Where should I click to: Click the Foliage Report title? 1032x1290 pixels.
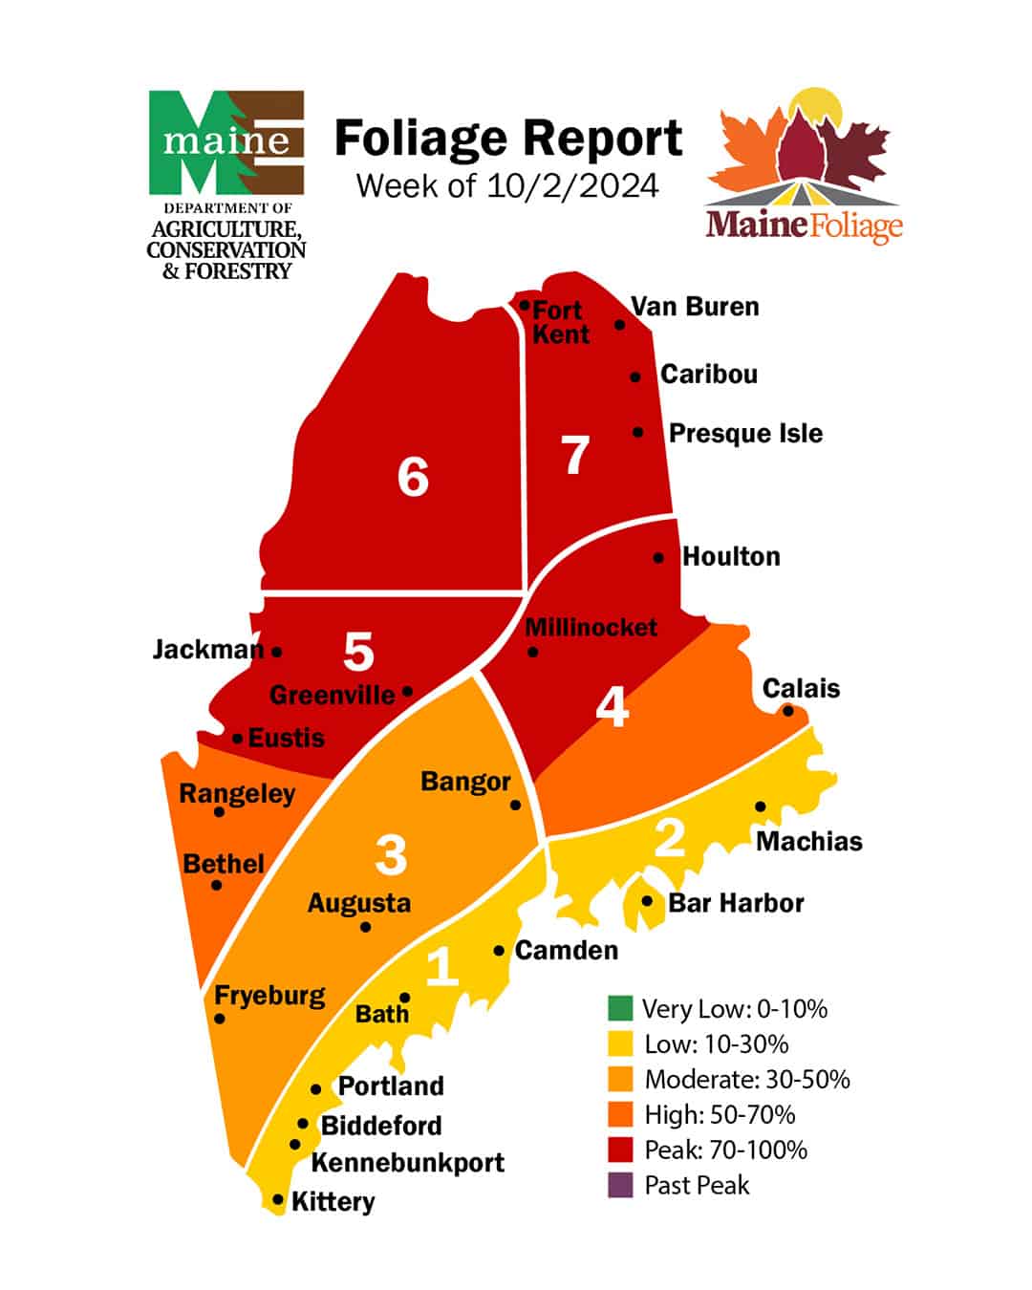coord(507,140)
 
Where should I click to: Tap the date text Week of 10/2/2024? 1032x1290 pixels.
coord(507,185)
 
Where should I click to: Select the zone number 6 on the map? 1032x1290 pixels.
coord(413,477)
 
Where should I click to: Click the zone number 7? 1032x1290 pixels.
coord(575,456)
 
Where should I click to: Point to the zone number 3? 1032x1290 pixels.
coord(391,855)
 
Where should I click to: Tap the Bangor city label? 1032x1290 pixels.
coord(465,782)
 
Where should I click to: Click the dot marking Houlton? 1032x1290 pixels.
coord(658,557)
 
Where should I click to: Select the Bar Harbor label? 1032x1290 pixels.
coord(736,903)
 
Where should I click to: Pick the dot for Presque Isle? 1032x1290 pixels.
coord(638,433)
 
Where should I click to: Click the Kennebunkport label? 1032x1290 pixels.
coord(408,1163)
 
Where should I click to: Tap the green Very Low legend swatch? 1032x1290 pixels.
coord(620,1008)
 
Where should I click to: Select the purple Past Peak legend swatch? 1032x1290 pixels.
coord(620,1185)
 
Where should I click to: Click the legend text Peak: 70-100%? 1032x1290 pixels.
coord(726,1150)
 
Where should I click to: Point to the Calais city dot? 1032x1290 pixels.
coord(788,711)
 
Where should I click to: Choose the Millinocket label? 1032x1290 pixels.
coord(591,628)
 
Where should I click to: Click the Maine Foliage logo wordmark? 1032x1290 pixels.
coord(804,226)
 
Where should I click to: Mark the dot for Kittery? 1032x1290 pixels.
coord(278,1199)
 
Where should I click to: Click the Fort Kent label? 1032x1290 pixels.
coord(560,322)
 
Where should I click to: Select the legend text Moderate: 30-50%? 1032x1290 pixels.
coord(747,1080)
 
